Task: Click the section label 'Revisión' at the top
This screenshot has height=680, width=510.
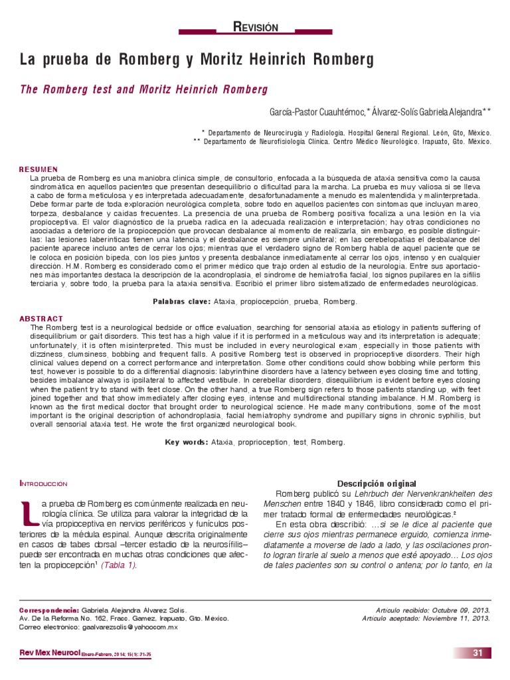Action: pos(256,27)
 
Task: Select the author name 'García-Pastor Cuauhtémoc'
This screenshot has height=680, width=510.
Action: pos(317,109)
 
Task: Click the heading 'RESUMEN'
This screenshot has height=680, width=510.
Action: pos(38,170)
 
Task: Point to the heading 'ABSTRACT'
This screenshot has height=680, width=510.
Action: pos(41,319)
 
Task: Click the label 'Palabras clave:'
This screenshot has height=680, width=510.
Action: pos(181,301)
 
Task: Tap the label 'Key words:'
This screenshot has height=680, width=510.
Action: pos(187,442)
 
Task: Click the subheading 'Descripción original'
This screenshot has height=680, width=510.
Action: pos(377,483)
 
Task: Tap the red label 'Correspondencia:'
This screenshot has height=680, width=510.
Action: pos(50,609)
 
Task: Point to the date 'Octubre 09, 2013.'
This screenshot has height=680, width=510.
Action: pos(457,609)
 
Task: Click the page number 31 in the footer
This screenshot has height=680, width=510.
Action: pos(477,653)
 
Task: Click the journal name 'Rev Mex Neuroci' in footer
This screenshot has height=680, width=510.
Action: pos(50,654)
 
